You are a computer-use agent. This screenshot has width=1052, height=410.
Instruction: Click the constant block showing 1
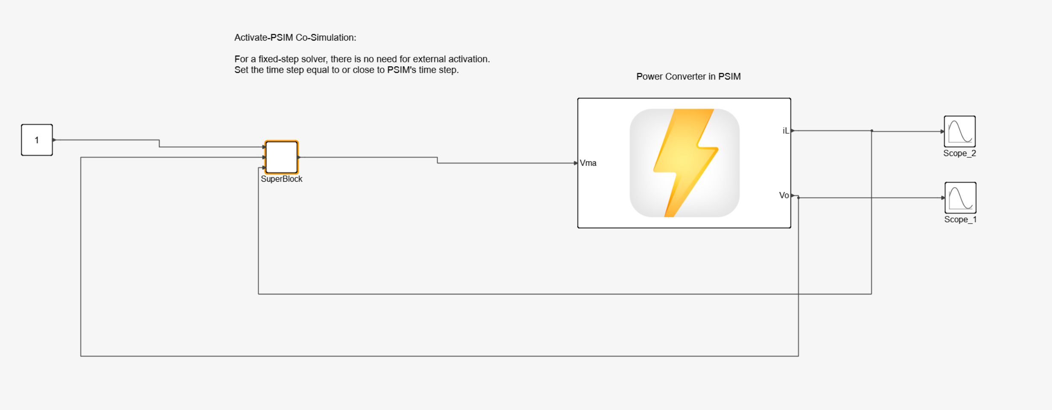(37, 140)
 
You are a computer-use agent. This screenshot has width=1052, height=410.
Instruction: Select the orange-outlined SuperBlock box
(281, 157)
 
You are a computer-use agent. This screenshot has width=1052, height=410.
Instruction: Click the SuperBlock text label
(281, 179)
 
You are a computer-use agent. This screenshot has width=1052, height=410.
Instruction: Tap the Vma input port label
(588, 163)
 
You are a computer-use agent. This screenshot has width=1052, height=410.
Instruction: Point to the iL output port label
(785, 131)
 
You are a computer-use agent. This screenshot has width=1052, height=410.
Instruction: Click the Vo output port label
(784, 195)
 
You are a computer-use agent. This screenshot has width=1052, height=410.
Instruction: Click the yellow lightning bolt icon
(685, 162)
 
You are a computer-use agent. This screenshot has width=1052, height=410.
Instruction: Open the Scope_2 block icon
(960, 131)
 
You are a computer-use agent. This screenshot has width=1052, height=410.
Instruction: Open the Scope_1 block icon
(960, 198)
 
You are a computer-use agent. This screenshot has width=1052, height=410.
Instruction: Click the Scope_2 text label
(960, 153)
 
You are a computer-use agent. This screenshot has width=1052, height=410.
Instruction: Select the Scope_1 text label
(960, 220)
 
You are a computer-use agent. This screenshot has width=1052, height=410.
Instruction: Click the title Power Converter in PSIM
(688, 77)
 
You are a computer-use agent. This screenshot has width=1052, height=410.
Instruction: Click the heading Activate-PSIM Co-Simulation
(295, 38)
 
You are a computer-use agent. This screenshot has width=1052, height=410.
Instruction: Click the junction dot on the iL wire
(872, 131)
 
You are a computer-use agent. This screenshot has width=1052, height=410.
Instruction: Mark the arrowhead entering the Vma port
(576, 163)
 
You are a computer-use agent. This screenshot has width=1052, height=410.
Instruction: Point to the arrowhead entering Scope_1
(943, 198)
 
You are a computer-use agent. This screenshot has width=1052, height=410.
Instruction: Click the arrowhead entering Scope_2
(942, 131)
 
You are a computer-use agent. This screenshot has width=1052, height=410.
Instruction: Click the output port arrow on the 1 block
(54, 140)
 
